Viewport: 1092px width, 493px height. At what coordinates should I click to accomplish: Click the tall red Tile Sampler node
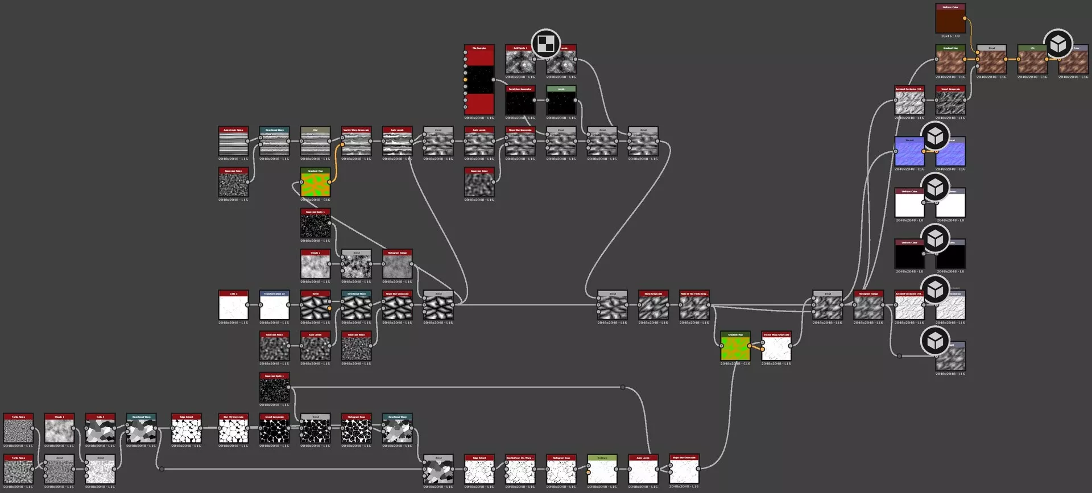coord(479,80)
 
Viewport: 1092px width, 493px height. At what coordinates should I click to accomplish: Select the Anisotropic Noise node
coord(233,142)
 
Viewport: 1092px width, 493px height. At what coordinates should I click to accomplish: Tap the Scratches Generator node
coord(520,101)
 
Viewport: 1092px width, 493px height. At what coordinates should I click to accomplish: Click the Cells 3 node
coord(233,305)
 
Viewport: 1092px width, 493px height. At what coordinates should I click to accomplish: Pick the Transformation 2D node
coord(274,305)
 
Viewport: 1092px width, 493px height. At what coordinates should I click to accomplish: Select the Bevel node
coord(315,305)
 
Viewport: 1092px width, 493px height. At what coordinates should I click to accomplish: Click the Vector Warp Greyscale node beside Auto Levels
coord(356,142)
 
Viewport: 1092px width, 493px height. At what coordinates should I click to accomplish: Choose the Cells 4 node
coord(100,429)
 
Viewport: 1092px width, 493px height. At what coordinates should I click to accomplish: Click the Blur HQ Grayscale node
coord(233,429)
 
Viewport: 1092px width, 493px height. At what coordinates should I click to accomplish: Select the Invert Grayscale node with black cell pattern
coord(274,429)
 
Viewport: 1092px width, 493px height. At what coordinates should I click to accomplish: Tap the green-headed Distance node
coord(602,470)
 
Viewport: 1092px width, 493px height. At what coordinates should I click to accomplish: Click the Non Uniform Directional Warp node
coord(520,470)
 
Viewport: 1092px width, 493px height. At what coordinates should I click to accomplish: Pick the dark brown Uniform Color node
coord(950,19)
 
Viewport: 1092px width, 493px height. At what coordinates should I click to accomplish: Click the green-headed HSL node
coord(1032,60)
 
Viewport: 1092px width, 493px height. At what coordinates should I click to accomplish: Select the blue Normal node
coord(909,152)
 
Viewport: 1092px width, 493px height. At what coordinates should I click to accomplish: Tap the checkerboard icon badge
coord(545,44)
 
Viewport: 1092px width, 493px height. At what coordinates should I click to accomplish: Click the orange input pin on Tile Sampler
coord(465,80)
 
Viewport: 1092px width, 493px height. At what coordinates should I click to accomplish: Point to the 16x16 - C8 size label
coord(950,36)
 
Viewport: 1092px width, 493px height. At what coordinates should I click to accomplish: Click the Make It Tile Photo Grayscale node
coord(694,305)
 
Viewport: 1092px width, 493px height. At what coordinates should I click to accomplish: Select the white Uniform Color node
coord(909,203)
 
